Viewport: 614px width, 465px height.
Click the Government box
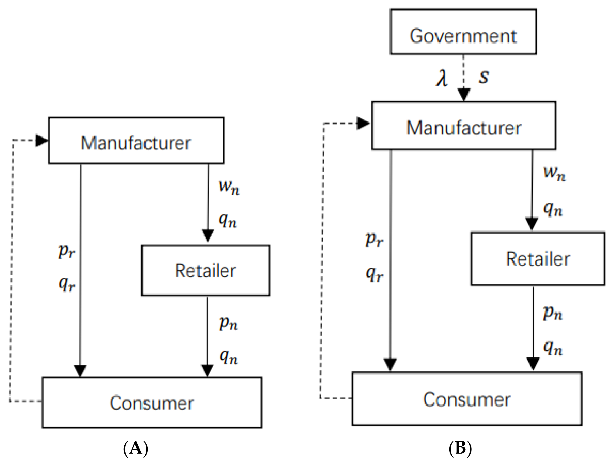pos(463,32)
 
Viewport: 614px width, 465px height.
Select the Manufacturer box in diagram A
pos(136,141)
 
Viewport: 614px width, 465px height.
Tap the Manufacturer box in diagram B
pos(464,126)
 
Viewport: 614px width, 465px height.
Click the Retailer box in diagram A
pos(205,270)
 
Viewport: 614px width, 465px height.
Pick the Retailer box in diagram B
pos(538,258)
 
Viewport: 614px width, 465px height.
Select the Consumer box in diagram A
pos(152,403)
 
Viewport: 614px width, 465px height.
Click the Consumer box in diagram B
pos(467,399)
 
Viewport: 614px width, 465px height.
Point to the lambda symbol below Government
pos(442,78)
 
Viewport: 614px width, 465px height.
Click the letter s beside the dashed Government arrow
pos(484,76)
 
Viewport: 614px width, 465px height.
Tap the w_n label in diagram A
pos(229,187)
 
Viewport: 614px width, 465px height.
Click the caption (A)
pos(136,448)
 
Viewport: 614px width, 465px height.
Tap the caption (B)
pos(460,448)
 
